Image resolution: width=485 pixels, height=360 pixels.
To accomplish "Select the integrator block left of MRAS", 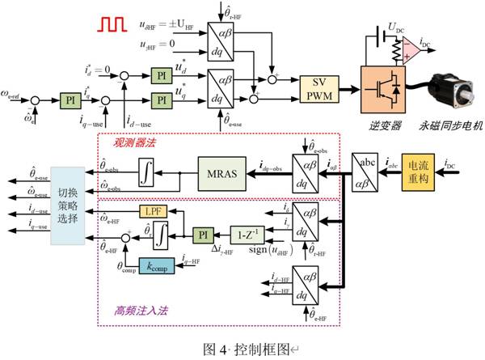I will (146, 172).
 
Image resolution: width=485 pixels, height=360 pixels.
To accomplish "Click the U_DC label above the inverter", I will (396, 27).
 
